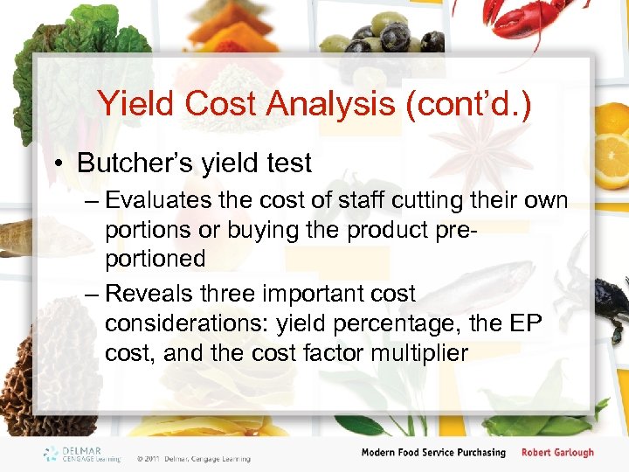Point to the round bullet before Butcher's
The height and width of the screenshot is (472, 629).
point(61,164)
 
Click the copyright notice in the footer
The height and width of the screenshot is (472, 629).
point(193,458)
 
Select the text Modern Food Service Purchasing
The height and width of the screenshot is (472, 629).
point(433,453)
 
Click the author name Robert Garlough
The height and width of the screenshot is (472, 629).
point(557,453)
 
